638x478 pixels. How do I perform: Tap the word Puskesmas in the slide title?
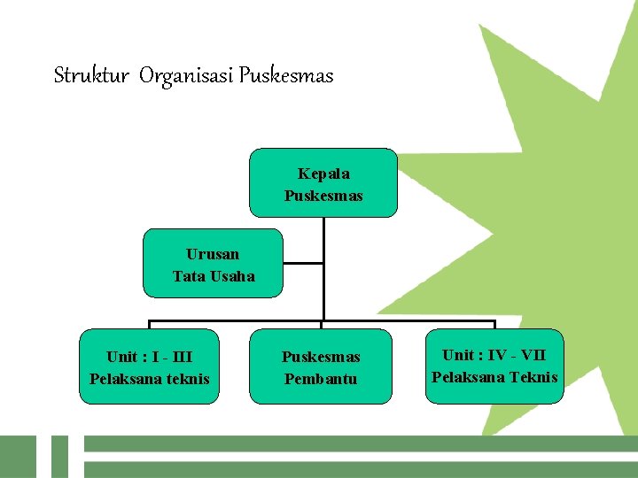click(x=288, y=76)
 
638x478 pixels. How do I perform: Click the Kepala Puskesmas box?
click(x=323, y=183)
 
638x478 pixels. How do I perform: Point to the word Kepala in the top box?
click(x=323, y=173)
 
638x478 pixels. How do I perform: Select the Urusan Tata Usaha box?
click(x=213, y=263)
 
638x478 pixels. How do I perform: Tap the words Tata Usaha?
click(x=213, y=276)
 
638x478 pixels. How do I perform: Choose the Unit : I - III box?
click(x=149, y=366)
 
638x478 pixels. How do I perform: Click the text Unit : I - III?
click(x=149, y=357)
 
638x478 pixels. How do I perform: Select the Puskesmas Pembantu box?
click(x=320, y=366)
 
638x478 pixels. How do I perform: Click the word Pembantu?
click(x=320, y=379)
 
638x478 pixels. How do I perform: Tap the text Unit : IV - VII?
click(x=494, y=355)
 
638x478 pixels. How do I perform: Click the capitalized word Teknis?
click(x=533, y=377)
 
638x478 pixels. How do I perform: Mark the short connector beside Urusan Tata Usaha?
click(x=303, y=263)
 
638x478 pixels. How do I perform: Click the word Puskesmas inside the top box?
click(x=323, y=195)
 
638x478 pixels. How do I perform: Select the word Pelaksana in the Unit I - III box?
click(x=123, y=379)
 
